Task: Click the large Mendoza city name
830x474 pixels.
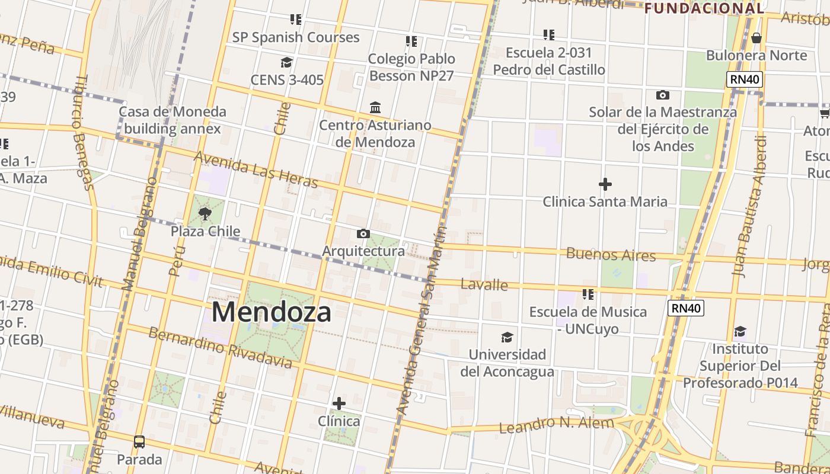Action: point(271,312)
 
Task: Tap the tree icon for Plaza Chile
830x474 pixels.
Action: point(205,213)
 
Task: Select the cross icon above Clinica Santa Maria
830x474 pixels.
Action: point(605,184)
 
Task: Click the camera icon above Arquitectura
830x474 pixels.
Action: point(363,234)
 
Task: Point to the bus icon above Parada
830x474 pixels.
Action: point(139,442)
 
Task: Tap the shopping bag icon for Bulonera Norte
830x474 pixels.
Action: point(756,38)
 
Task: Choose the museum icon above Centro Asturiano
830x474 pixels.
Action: point(375,108)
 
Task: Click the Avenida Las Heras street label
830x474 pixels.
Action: point(256,169)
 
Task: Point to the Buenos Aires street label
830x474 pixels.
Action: point(611,255)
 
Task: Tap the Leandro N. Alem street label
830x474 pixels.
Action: point(556,424)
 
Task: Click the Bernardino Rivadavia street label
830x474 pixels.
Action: point(220,347)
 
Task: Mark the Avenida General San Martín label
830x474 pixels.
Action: point(422,320)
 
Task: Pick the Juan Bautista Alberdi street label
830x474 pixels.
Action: point(749,207)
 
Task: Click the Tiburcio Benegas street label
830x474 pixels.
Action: point(84,133)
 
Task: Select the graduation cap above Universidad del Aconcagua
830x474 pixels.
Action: point(507,338)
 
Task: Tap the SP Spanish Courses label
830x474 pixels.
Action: point(295,37)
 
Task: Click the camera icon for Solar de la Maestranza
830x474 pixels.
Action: point(662,95)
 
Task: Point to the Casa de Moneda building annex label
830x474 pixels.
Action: point(172,120)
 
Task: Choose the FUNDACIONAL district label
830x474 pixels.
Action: point(704,8)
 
